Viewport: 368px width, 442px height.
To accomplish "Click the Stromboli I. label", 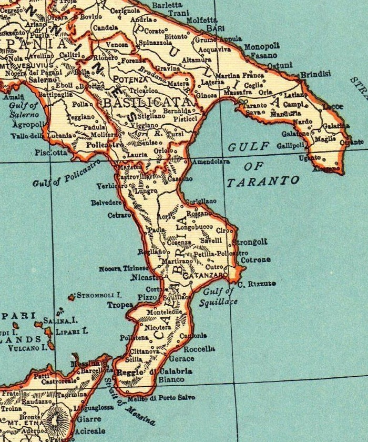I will point(99,295).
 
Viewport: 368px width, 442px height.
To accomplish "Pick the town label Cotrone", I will point(255,259).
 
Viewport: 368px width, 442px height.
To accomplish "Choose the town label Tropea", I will point(120,305).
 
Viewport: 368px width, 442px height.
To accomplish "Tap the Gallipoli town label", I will point(290,145).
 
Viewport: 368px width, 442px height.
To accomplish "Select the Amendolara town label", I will point(211,163).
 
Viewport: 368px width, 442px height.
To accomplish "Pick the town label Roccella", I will point(200,348).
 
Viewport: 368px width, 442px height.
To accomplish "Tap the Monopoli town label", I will point(262,46).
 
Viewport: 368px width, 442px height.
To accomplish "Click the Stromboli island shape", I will point(71,297).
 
